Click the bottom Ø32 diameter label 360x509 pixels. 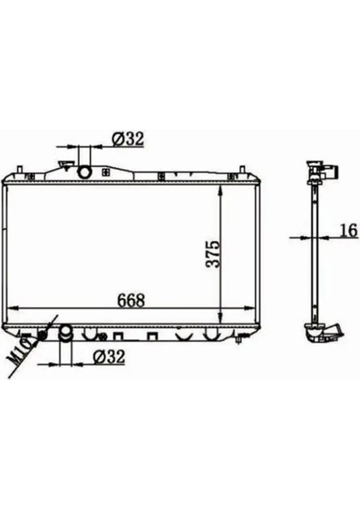click(x=109, y=357)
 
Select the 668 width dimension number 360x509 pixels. click(x=131, y=300)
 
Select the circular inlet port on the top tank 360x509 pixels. click(x=85, y=173)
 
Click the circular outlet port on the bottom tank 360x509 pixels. click(x=65, y=332)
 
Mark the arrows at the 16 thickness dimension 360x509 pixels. click(x=313, y=238)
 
